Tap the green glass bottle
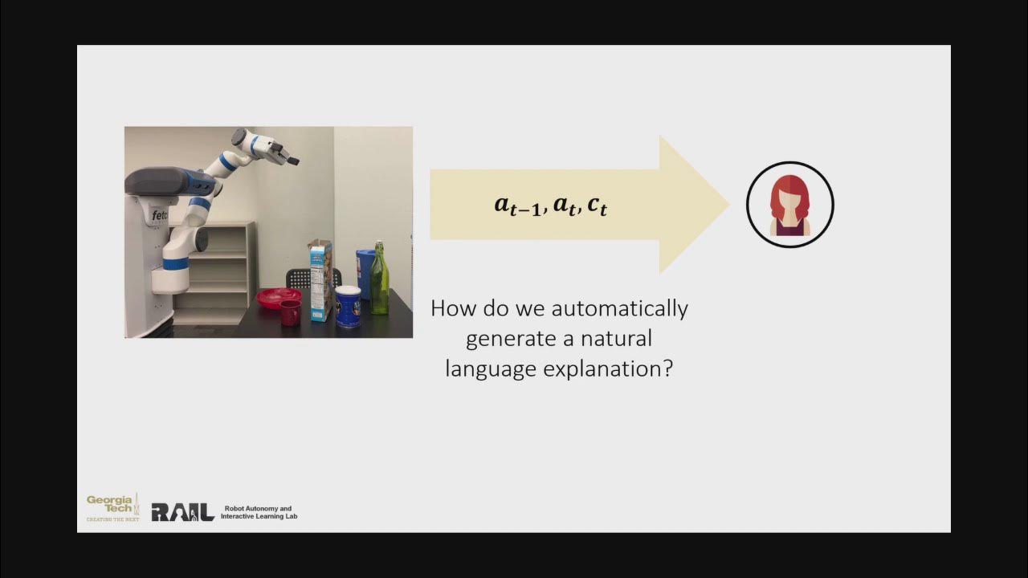tap(379, 281)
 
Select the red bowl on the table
tap(278, 297)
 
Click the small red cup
tap(290, 312)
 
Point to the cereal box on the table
tap(320, 281)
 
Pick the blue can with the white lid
tap(348, 307)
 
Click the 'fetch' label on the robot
tap(160, 215)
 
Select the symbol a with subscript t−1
tap(518, 206)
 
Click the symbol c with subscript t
tap(597, 206)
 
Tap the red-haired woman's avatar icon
tap(789, 205)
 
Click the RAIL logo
tap(182, 512)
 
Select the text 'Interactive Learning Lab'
tap(259, 516)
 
